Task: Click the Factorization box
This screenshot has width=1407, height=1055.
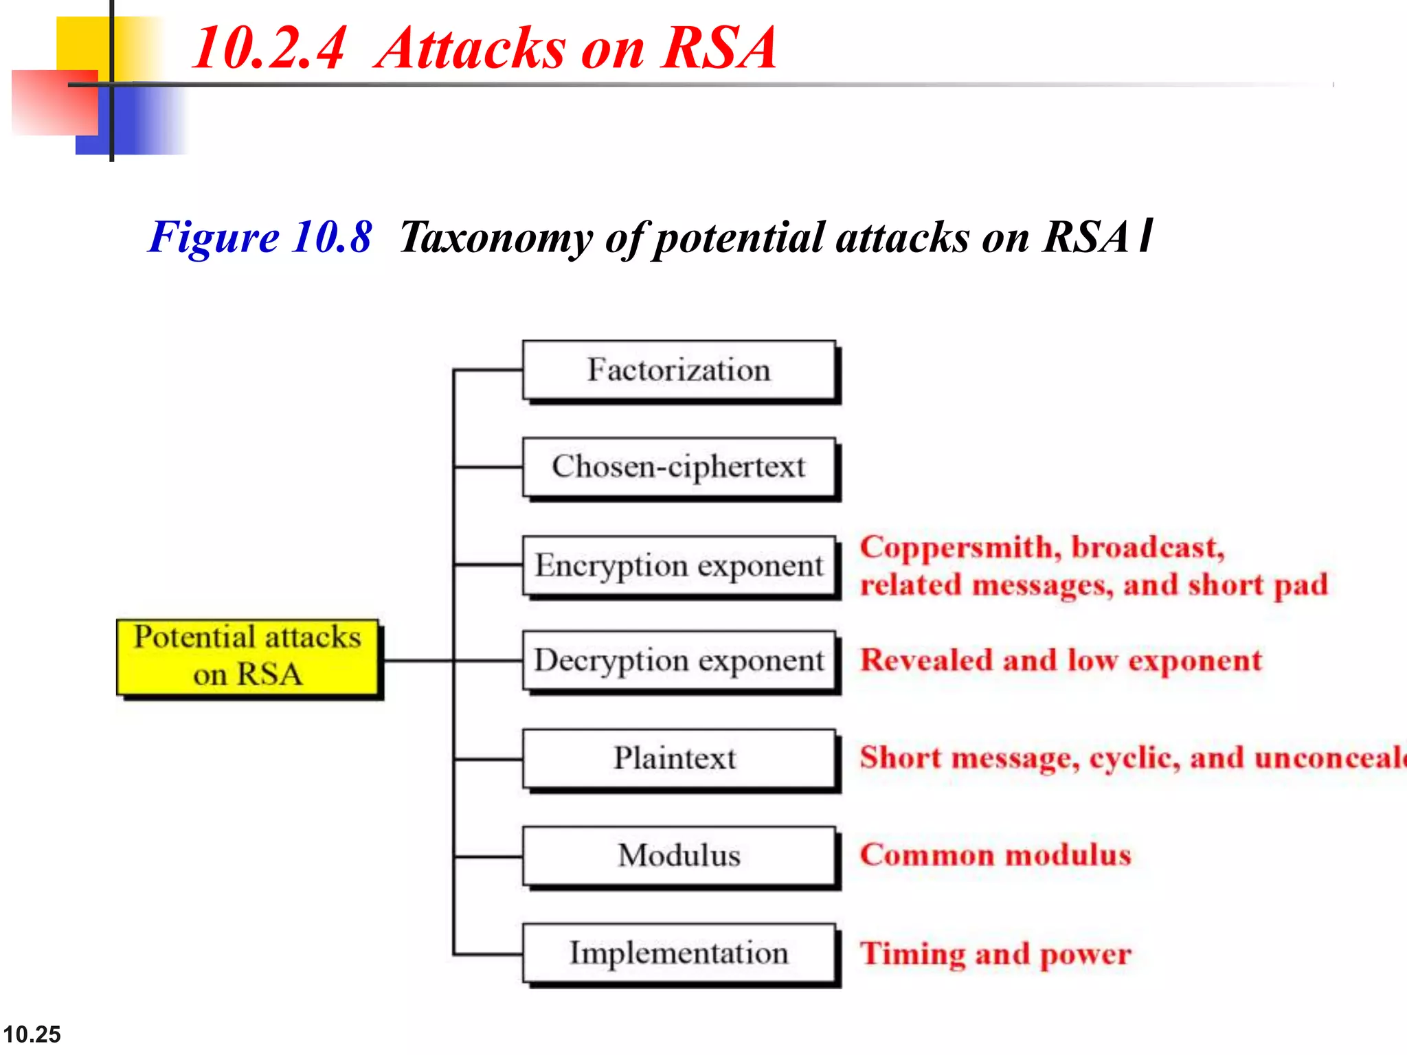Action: click(x=679, y=370)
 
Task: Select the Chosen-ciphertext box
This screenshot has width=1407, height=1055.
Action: click(x=679, y=467)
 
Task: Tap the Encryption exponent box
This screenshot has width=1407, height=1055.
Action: click(x=679, y=565)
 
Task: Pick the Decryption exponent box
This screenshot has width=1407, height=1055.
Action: click(x=679, y=661)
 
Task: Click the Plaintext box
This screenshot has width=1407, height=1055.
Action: click(x=679, y=758)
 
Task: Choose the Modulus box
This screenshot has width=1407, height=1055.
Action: click(x=679, y=856)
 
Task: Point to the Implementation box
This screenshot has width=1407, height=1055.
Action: click(x=679, y=953)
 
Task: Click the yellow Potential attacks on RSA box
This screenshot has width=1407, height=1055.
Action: click(x=247, y=657)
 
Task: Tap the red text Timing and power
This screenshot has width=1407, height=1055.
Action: click(x=995, y=954)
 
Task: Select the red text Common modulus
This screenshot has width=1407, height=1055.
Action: click(x=995, y=855)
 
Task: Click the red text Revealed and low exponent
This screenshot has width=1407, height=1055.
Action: click(x=1061, y=661)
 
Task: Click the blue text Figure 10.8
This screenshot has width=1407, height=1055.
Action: click(x=260, y=238)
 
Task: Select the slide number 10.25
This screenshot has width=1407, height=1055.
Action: click(x=32, y=1034)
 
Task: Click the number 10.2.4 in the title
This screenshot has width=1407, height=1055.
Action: click(x=268, y=48)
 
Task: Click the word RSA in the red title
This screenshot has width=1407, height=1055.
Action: click(x=718, y=48)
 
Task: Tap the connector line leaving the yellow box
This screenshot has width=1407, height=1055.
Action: click(x=416, y=661)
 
